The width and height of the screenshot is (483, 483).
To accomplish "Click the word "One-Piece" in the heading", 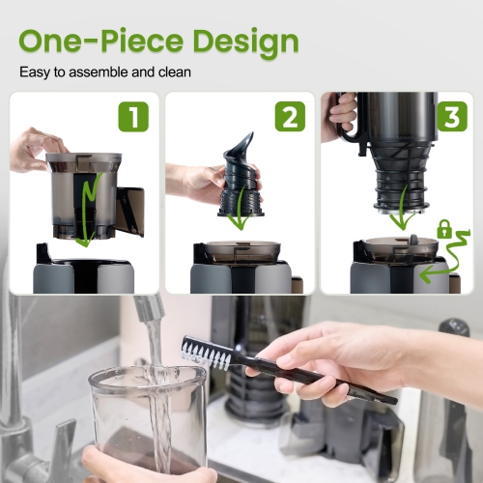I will click(x=92, y=42).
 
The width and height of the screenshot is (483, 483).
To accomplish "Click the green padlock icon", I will click(x=443, y=230).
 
